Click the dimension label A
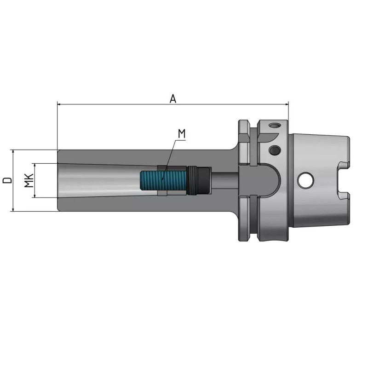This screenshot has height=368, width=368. point(173,98)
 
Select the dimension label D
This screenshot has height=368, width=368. point(7,180)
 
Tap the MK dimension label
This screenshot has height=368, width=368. point(29,180)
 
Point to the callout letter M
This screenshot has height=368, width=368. point(181,134)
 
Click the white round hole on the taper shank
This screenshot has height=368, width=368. point(304,180)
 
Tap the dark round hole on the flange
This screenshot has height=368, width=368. point(274,150)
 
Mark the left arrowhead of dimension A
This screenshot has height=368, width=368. point(59,104)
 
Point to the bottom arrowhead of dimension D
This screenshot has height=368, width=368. point(14,209)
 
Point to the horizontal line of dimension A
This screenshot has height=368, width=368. point(115,104)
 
